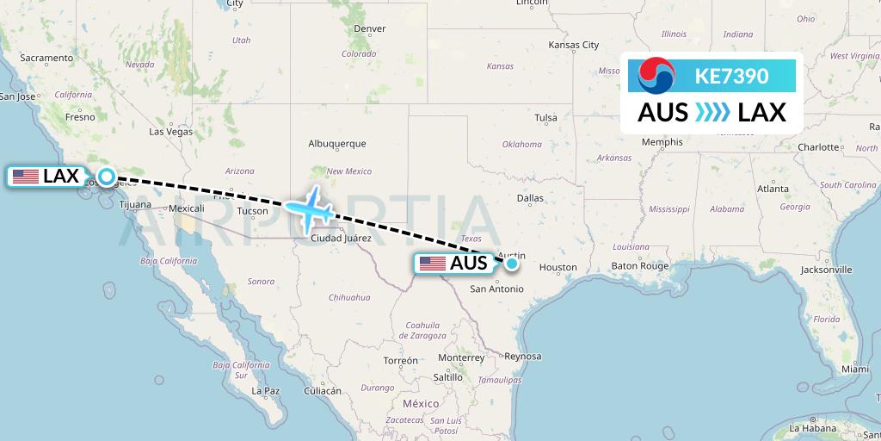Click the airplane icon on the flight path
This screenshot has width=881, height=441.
point(310,209)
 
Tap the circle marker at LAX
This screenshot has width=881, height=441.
point(106,177)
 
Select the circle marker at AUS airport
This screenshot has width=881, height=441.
point(512,264)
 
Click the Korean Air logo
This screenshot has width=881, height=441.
point(656,76)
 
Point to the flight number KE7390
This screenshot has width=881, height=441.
point(731,76)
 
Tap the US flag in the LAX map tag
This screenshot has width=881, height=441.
point(26,177)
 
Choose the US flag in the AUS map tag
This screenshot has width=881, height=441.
point(433,264)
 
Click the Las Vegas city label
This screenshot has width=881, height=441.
point(170,132)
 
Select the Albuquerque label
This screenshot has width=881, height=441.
point(337,144)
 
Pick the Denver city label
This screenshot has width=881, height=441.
point(369,28)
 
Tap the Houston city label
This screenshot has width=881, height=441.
point(558,268)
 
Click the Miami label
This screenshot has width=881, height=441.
point(855,369)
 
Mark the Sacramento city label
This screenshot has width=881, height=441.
point(46,58)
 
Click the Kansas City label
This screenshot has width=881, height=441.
point(573,45)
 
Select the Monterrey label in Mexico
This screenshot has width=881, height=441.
point(461,357)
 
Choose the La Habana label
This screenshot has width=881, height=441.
point(813,428)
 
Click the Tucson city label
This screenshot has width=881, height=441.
point(252,210)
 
